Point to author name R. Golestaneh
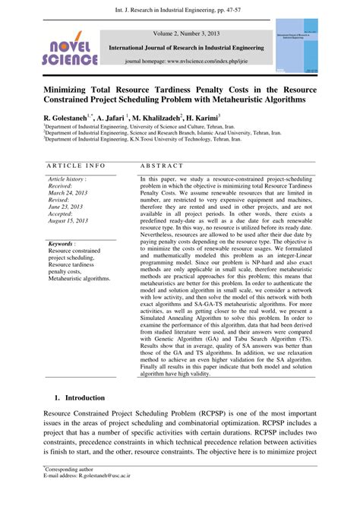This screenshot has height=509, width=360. (x=66, y=119)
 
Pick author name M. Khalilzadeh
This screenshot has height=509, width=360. (x=157, y=119)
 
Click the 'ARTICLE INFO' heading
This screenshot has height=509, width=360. (x=75, y=166)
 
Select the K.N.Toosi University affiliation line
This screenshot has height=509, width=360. (x=147, y=140)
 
